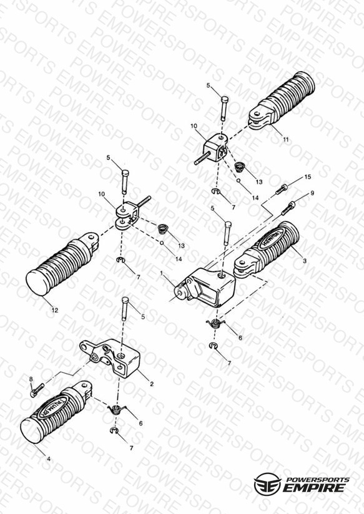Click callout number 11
pos(286,139)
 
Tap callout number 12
pos(55,310)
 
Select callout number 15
pos(308,177)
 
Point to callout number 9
pos(312,193)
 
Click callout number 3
pos(305,261)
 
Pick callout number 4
pos(49,459)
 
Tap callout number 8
pos(31,379)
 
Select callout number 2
pos(152,384)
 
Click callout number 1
pos(161,273)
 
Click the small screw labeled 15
pos(282,189)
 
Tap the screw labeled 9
pos(288,208)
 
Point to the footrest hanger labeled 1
pos(205,287)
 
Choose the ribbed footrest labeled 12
pos(61,264)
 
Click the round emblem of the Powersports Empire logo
pos(267,483)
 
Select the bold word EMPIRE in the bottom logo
pos(314,487)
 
